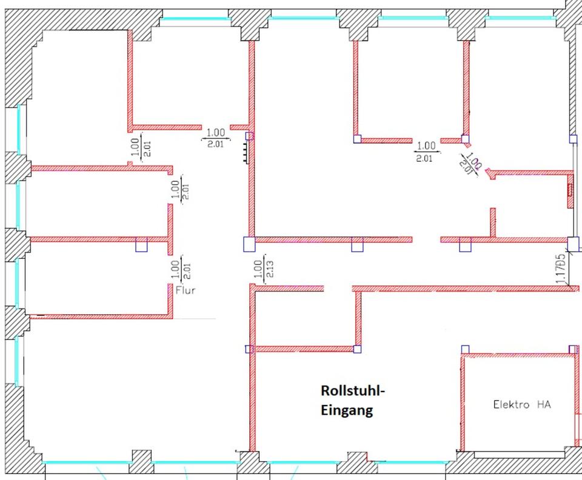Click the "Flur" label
tap(186, 290)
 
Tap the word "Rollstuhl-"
tap(353, 391)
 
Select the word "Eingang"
tap(346, 410)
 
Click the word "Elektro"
tap(510, 404)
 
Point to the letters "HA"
tap(544, 404)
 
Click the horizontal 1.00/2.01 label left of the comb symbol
tap(216, 138)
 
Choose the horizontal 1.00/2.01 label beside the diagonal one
tap(427, 152)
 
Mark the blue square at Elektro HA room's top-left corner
tap(465, 349)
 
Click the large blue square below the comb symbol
tap(249, 244)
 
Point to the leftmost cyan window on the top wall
tap(195, 19)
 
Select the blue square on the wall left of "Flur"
tap(141, 245)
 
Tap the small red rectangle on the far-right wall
tap(569, 190)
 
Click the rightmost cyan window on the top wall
tap(521, 18)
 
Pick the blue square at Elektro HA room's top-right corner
tap(572, 349)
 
